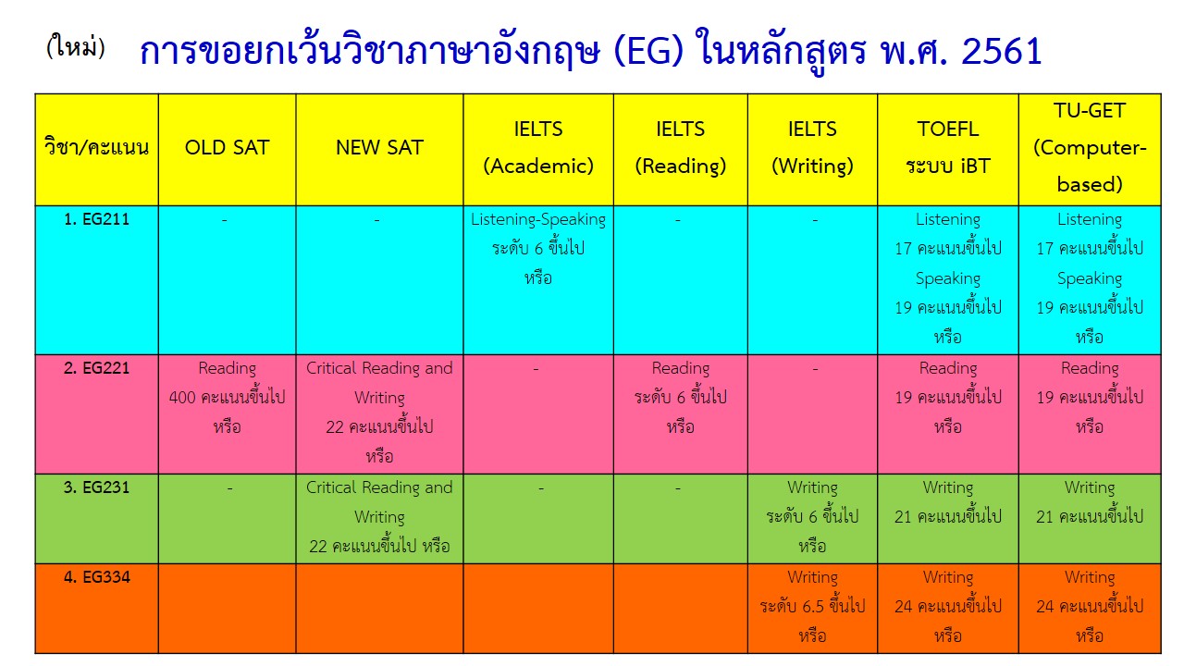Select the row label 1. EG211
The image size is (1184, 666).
[97, 219]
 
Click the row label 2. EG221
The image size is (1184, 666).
[97, 368]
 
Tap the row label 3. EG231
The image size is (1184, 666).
[97, 487]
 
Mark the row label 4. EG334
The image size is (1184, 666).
[97, 576]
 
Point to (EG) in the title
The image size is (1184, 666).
[648, 51]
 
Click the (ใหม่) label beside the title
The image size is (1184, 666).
[76, 46]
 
